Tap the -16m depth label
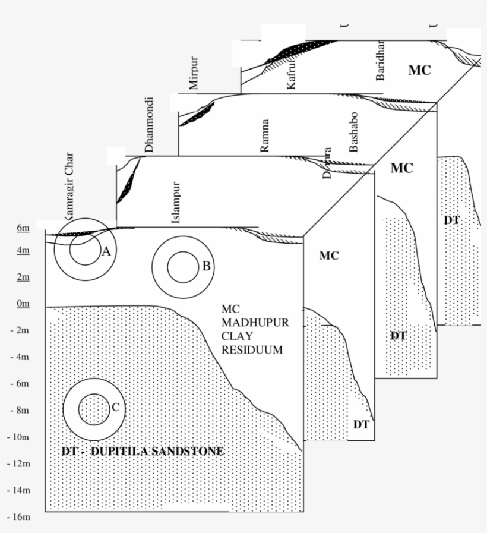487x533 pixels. tap(19, 517)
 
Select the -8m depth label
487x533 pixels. tap(20, 411)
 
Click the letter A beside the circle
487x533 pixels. tap(106, 251)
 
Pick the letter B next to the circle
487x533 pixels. tap(206, 266)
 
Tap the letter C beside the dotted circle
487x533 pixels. tap(115, 407)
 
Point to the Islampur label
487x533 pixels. tap(176, 203)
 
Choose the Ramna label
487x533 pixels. tap(265, 136)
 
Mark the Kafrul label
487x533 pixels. tap(291, 76)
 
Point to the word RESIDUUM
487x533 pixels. tap(252, 350)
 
